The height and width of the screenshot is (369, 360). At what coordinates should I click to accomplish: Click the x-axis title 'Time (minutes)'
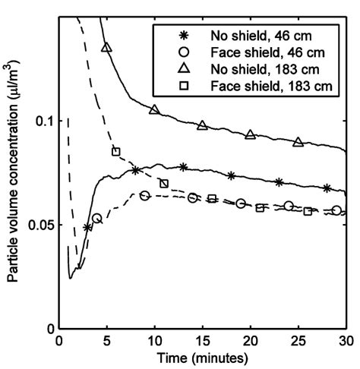[x=202, y=357]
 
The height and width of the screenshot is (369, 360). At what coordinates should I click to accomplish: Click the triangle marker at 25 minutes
[x=298, y=142]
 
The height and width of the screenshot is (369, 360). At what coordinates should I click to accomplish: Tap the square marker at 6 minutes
[x=116, y=152]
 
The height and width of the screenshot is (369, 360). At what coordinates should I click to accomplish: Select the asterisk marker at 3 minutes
[x=88, y=227]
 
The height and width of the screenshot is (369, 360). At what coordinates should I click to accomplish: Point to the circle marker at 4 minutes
[x=96, y=219]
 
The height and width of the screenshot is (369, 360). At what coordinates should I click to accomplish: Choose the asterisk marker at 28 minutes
[x=327, y=188]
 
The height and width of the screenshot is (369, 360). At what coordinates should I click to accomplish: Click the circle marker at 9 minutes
[x=144, y=196]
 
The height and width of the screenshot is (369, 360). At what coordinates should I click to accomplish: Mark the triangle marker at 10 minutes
[x=154, y=110]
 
